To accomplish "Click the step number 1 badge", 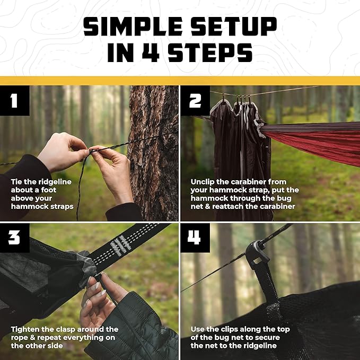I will tap(14, 101).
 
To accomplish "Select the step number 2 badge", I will tap(195, 101).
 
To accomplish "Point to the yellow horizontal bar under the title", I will tap(180, 80).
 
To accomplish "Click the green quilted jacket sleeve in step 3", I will tap(138, 329).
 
